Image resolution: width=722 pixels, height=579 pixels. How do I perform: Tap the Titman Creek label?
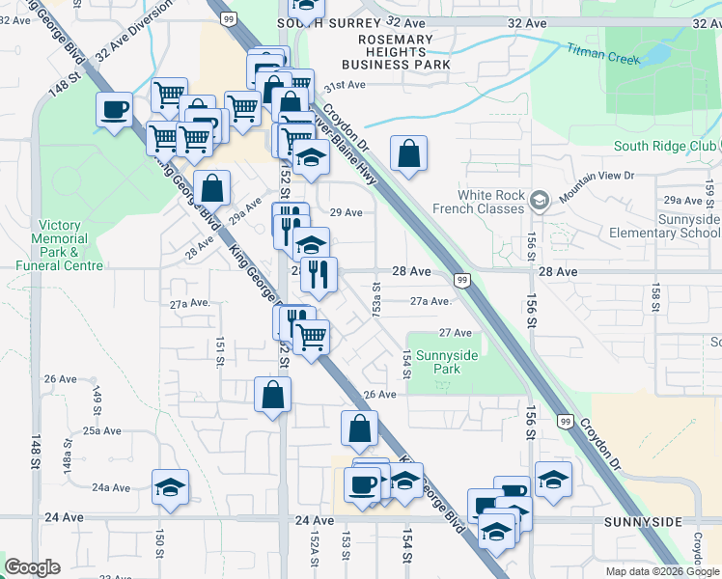pyautogui.click(x=603, y=52)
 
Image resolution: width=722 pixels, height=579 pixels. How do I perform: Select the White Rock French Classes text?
pyautogui.click(x=492, y=201)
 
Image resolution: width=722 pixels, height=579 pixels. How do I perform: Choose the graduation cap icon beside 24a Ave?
pyautogui.click(x=170, y=486)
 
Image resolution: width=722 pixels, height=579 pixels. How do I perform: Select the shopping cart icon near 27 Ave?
pyautogui.click(x=311, y=338)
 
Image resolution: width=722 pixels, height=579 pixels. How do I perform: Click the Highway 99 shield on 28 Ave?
pyautogui.click(x=462, y=280)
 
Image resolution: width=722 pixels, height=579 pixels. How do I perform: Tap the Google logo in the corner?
pyautogui.click(x=32, y=567)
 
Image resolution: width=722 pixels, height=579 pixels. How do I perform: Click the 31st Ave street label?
pyautogui.click(x=344, y=85)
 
